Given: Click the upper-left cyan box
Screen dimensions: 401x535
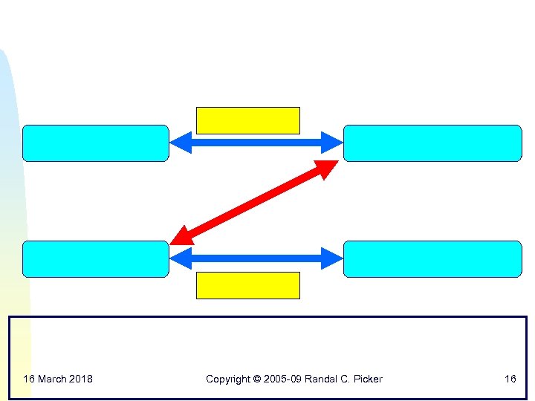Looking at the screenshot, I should (x=96, y=143).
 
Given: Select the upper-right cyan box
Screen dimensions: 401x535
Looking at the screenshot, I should (x=432, y=143).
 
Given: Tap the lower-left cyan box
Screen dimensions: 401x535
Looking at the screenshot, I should (x=96, y=259).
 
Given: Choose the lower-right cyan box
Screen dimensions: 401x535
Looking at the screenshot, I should (x=432, y=259).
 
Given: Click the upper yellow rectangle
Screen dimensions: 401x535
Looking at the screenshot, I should (x=247, y=120).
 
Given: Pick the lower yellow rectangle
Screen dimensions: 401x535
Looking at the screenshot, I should (x=247, y=285).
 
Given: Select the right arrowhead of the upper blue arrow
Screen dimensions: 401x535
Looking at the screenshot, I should (x=332, y=142).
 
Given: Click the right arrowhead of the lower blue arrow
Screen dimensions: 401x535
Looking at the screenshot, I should (x=332, y=258).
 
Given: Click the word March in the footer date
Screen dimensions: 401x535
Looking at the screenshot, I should (x=51, y=379).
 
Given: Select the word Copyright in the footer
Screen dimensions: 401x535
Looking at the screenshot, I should (x=228, y=379).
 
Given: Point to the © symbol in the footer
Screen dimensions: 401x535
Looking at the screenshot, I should (x=257, y=379).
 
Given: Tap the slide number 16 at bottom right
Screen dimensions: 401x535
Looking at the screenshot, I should (x=510, y=379).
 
